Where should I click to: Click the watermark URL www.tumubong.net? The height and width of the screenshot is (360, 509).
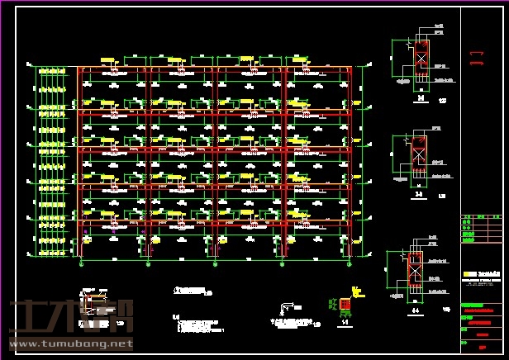(x=69, y=343)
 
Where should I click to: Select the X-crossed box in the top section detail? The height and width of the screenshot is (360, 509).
(x=420, y=59)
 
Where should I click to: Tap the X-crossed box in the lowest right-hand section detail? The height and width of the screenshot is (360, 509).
(x=416, y=268)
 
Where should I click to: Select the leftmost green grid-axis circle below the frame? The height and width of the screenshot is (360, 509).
(x=80, y=264)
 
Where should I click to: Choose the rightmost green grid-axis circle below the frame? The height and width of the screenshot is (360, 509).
(x=349, y=264)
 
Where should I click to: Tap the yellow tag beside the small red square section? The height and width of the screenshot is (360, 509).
(x=358, y=291)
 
